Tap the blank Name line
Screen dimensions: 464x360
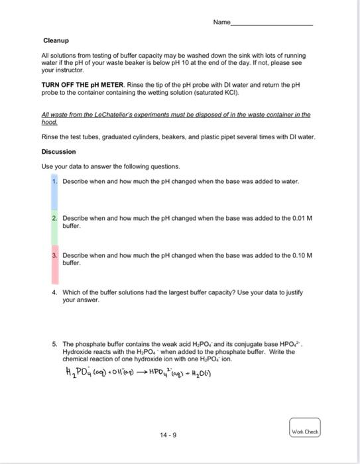272,23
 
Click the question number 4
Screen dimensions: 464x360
54,292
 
